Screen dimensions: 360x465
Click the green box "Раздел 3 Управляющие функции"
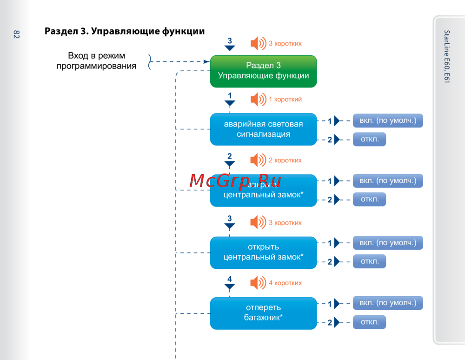point(263,71)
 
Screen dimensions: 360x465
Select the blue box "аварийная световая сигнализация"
point(263,129)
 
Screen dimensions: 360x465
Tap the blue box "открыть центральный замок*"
point(263,252)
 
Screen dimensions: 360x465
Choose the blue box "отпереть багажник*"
point(263,313)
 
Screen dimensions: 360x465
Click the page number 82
point(16,34)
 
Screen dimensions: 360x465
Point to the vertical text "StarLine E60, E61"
point(446,57)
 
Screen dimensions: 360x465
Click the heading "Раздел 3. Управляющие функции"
point(125,32)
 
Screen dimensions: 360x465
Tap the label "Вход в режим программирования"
point(97,61)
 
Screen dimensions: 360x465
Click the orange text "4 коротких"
point(285,283)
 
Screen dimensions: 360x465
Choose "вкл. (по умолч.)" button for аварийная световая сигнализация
point(388,121)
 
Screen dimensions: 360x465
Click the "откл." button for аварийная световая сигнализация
point(369,140)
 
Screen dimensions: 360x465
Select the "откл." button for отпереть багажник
point(369,322)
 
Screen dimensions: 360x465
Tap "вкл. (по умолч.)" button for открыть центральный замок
point(388,242)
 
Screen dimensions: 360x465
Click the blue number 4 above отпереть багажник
point(229,279)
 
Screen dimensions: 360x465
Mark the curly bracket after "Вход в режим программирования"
point(150,61)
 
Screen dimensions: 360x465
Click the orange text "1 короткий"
point(285,99)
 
